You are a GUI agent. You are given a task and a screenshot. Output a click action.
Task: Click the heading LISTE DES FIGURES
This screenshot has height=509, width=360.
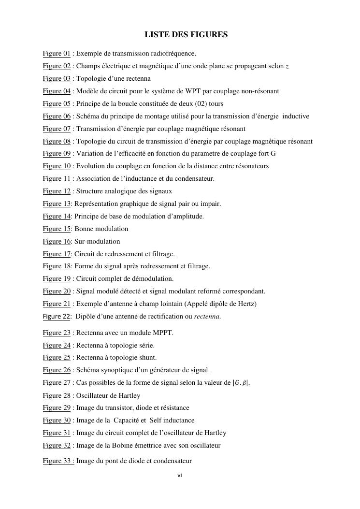click(186, 35)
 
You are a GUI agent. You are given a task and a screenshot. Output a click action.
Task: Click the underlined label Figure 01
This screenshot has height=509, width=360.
click(57, 53)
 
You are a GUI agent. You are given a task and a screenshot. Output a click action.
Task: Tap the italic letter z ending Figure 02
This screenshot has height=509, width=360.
click(287, 66)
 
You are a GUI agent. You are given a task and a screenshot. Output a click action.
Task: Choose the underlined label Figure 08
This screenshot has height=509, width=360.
click(57, 141)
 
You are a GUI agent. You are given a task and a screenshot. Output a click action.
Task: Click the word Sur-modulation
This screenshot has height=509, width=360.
click(97, 241)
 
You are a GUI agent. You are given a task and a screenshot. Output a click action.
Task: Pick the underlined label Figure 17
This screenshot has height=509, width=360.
click(57, 254)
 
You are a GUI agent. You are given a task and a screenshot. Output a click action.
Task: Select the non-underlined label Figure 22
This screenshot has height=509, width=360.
click(57, 317)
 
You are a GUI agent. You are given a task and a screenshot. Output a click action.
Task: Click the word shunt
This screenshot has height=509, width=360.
click(147, 358)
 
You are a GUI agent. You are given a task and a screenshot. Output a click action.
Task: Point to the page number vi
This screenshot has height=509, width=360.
click(179, 476)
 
